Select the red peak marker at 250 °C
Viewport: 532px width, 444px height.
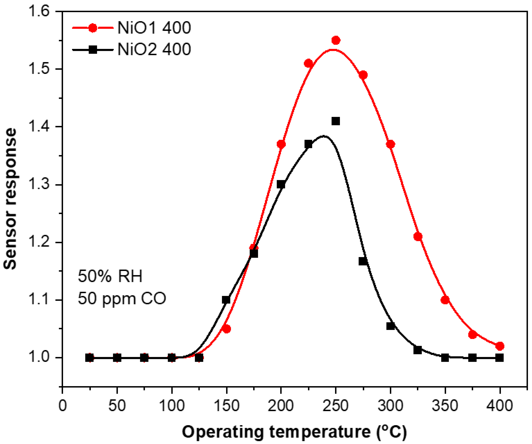click(x=336, y=40)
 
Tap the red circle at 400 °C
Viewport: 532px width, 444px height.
click(x=500, y=346)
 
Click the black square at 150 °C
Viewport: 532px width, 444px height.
click(x=226, y=300)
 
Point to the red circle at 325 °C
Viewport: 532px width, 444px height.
click(x=418, y=237)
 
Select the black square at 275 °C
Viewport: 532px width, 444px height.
click(x=363, y=261)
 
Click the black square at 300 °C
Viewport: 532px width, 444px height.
click(x=390, y=326)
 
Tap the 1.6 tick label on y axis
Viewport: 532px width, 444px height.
click(x=38, y=11)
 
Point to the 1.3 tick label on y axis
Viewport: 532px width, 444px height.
click(x=38, y=185)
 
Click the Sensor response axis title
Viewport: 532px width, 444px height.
click(x=10, y=199)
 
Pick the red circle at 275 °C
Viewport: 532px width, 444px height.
click(x=363, y=75)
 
